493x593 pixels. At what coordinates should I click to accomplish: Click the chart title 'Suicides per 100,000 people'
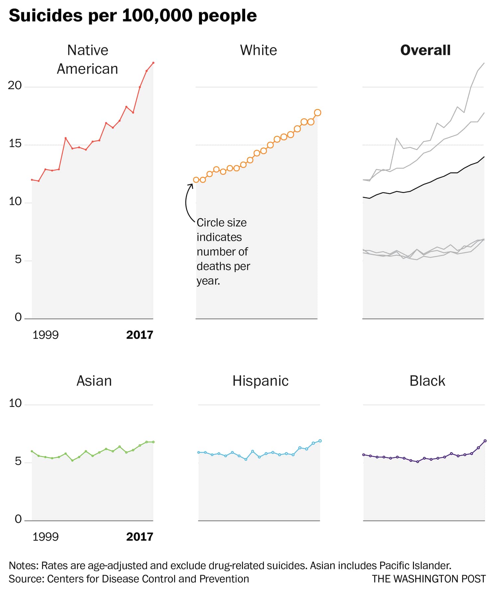pos(133,16)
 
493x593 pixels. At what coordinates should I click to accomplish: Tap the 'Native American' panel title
pos(88,59)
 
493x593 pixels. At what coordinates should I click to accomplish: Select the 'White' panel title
pos(258,50)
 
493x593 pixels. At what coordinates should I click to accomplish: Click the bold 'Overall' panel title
pos(425,50)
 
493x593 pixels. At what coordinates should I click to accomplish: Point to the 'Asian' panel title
pos(94,381)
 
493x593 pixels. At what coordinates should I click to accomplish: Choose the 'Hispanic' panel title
pos(260,381)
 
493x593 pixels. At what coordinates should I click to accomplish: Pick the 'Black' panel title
pos(427,381)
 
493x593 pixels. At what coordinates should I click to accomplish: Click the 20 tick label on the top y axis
pos(15,85)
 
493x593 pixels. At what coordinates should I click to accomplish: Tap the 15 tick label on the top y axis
pos(15,144)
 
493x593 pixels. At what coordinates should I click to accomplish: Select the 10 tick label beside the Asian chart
pos(15,403)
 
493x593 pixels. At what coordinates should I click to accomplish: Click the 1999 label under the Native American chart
pos(46,335)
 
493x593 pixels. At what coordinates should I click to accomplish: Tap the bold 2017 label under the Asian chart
pos(140,537)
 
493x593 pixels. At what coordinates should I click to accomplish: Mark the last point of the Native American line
pos(153,62)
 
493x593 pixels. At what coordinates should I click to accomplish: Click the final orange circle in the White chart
pos(318,113)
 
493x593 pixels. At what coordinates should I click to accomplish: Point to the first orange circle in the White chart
pos(196,180)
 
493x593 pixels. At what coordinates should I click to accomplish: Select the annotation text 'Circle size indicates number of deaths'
pos(223,244)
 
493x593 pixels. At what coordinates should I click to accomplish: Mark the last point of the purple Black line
pos(485,441)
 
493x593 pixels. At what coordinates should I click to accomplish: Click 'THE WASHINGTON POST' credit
pos(429,579)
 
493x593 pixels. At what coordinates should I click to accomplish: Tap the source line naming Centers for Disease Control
pos(129,579)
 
